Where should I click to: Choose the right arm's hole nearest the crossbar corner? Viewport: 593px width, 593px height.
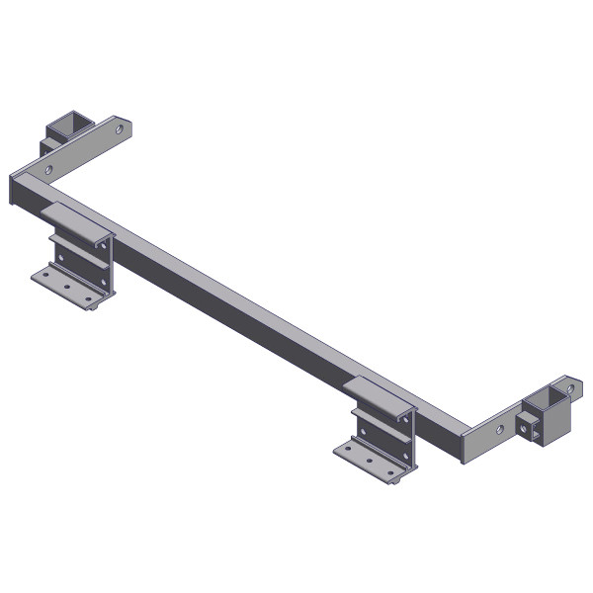point(498,429)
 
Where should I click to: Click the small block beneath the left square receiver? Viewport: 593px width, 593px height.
point(48,148)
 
